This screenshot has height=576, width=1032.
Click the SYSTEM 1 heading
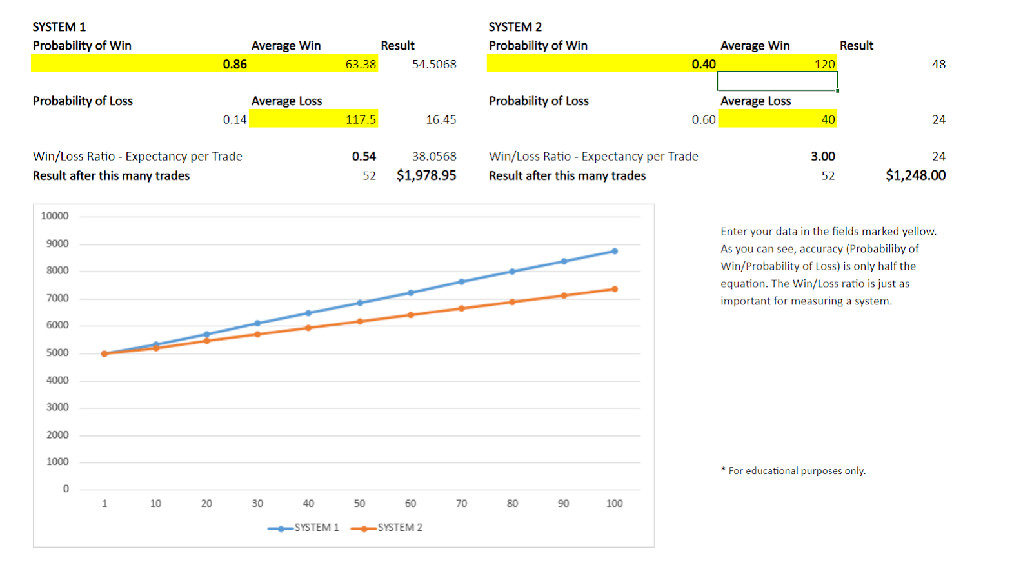tap(59, 26)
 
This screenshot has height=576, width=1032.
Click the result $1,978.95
tap(426, 175)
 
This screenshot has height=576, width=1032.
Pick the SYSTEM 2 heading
tap(515, 26)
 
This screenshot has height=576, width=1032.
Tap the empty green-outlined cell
tap(777, 81)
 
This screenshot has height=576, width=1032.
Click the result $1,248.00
tap(915, 175)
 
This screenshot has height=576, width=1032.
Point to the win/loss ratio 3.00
tap(822, 156)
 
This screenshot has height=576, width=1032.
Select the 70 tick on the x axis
tap(461, 503)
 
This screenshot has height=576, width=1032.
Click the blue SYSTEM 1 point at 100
tap(614, 252)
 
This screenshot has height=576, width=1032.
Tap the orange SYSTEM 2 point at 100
tap(614, 289)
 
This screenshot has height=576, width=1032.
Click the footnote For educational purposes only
tap(793, 471)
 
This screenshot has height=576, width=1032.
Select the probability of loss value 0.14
tap(234, 119)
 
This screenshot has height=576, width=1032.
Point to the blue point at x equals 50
tap(360, 303)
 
